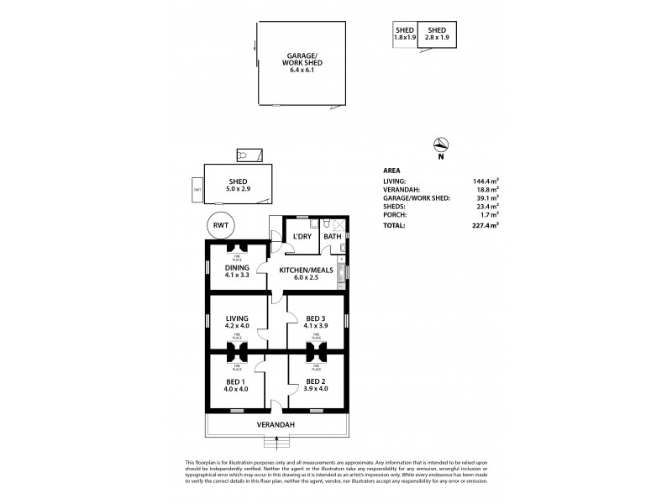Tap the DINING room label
click(x=236, y=268)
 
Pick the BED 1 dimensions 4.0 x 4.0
click(x=237, y=390)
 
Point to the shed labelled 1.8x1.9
click(x=406, y=34)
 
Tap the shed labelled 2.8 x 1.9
click(x=438, y=34)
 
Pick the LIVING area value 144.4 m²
click(x=485, y=181)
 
